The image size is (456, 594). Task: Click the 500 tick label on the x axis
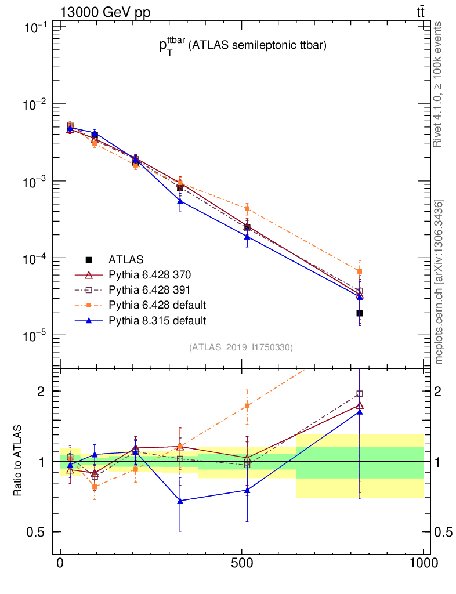click(x=241, y=563)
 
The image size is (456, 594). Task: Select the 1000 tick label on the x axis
click(x=423, y=563)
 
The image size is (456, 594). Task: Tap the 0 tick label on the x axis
click(x=60, y=563)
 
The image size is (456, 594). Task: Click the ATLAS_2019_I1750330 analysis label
click(x=241, y=347)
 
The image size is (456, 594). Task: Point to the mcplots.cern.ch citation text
click(x=440, y=281)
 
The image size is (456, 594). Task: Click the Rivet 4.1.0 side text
click(x=439, y=84)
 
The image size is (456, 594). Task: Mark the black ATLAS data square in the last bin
click(x=360, y=313)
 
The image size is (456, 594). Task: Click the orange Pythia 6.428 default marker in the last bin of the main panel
click(x=360, y=271)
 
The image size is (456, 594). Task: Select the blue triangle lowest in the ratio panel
click(x=180, y=501)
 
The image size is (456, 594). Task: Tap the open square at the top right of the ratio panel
click(x=360, y=394)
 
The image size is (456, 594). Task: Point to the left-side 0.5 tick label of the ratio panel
click(x=36, y=532)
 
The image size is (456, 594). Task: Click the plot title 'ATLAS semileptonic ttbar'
click(x=243, y=48)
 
